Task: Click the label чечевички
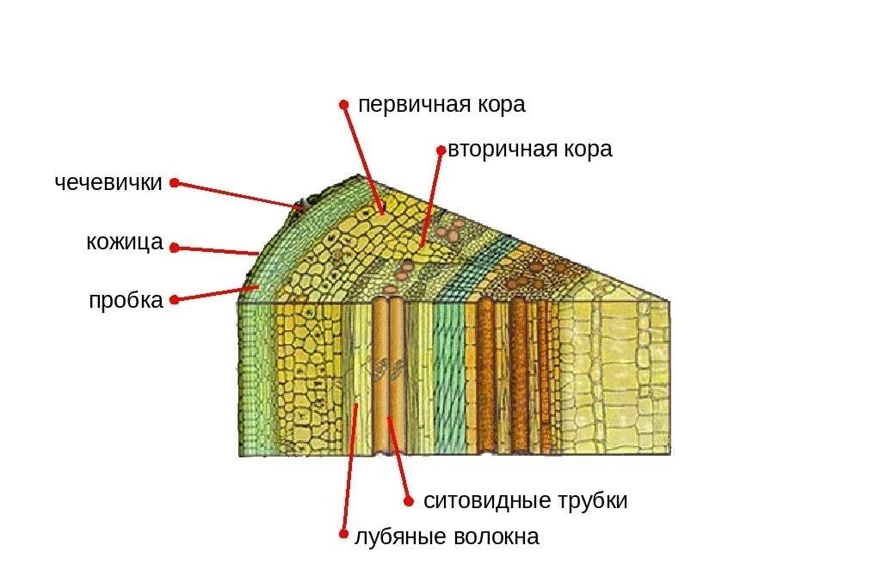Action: click(108, 183)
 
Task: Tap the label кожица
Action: click(125, 242)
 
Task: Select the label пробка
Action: click(126, 301)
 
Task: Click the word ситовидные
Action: click(488, 501)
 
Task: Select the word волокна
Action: click(494, 537)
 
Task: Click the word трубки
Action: click(593, 501)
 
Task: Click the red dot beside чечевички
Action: click(174, 182)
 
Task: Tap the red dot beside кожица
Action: click(174, 248)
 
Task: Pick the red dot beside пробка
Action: click(174, 300)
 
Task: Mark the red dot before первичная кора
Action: click(343, 104)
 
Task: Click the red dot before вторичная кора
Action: click(441, 150)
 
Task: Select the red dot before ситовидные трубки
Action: click(408, 500)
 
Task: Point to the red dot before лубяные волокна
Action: click(343, 534)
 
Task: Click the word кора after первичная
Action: click(499, 105)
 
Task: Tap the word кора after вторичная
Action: click(588, 150)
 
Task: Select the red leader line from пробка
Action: click(215, 292)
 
